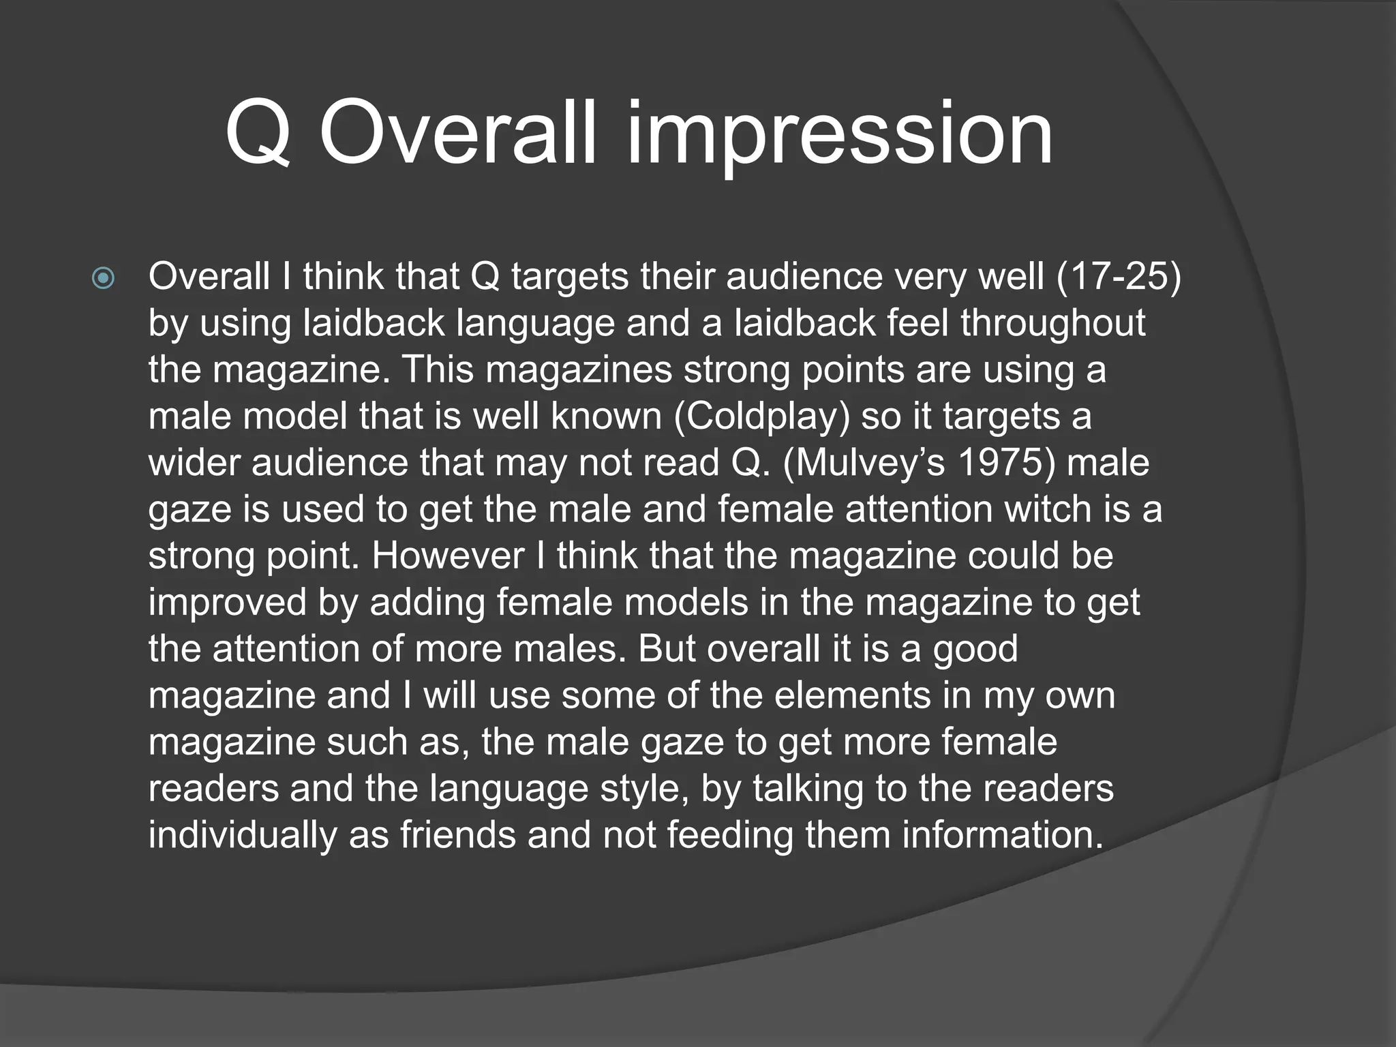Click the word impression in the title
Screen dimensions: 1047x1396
point(839,134)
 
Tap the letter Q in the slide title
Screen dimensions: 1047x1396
point(258,134)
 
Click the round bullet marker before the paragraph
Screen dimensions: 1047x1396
point(103,278)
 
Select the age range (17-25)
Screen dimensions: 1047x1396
point(1118,277)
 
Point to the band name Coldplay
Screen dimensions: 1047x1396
point(762,416)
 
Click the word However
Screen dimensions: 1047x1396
point(448,556)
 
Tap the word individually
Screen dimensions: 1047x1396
point(243,835)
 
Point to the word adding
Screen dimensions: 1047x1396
point(427,603)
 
